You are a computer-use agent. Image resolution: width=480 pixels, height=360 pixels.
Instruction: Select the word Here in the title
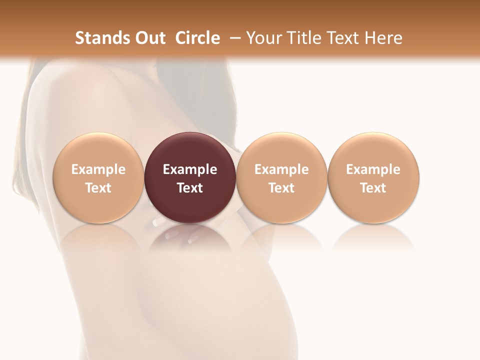(383, 38)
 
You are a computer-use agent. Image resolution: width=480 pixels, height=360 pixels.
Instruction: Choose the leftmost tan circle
(98, 150)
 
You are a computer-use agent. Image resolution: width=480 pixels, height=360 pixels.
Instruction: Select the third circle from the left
(281, 150)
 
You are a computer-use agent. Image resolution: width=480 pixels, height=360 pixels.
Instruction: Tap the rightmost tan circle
(373, 150)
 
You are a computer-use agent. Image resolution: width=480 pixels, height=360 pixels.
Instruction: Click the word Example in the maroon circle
(190, 169)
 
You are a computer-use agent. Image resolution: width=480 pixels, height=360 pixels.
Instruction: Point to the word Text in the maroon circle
(190, 188)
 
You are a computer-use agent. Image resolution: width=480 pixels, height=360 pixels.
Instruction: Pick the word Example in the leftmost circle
(98, 169)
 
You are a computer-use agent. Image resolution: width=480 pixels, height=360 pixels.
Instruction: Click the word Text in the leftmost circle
(98, 188)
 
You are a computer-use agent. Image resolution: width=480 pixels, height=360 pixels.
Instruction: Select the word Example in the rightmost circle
(373, 169)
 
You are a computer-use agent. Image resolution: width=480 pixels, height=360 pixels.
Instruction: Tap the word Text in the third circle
(281, 188)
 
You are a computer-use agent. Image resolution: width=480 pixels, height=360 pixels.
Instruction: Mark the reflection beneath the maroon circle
(190, 238)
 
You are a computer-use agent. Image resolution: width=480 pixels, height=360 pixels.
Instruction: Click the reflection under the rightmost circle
(373, 237)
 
